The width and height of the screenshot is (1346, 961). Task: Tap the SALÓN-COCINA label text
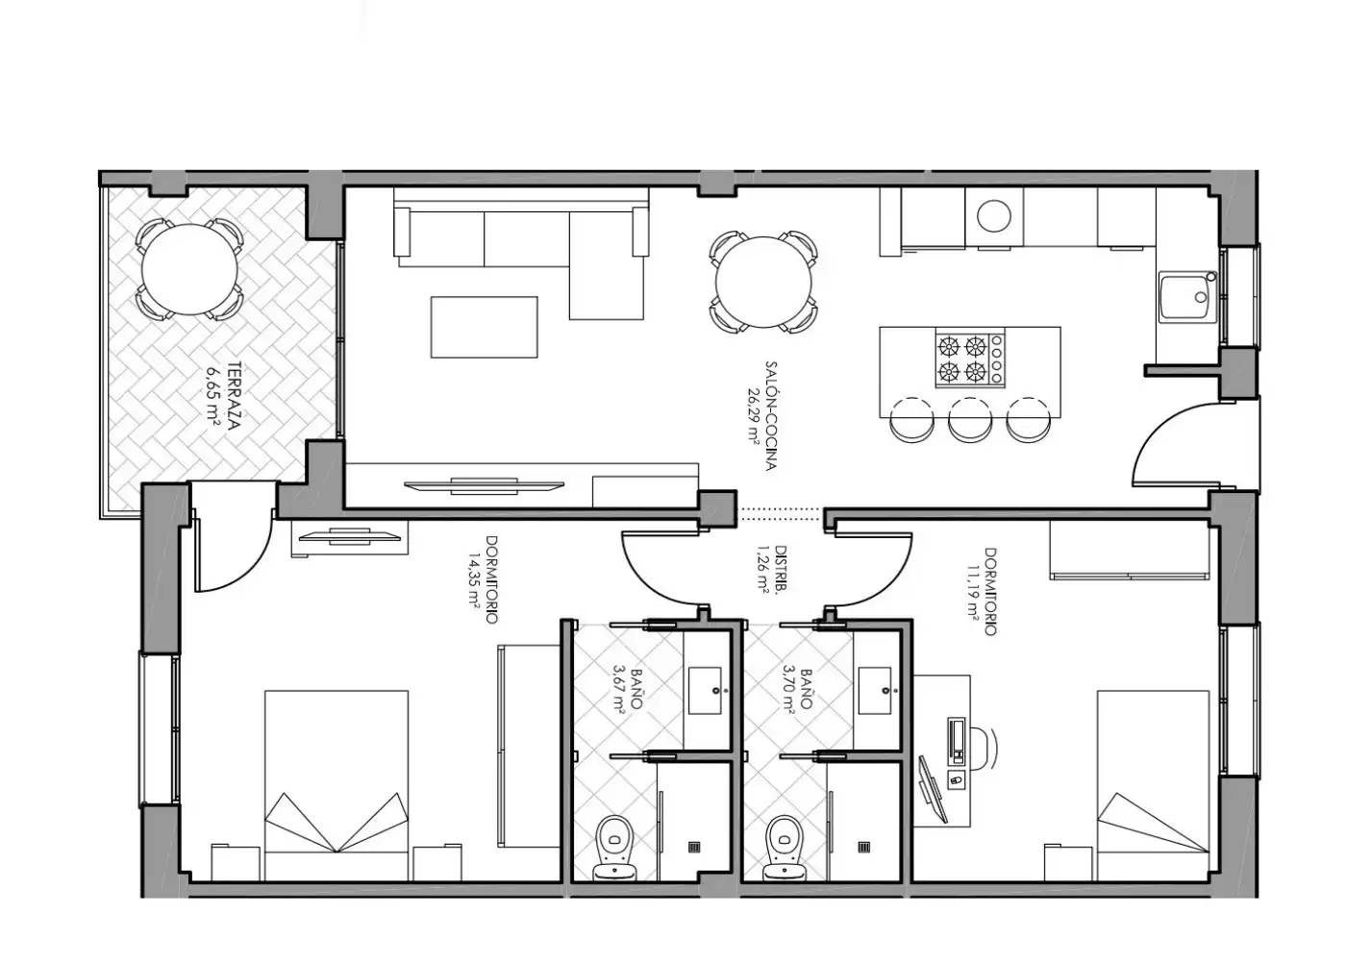tap(771, 415)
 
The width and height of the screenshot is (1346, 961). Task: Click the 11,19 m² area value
tap(973, 592)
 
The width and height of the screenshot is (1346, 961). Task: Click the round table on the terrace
tap(189, 270)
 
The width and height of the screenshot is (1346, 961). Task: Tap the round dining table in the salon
tap(763, 283)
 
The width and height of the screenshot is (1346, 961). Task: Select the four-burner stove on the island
tap(970, 359)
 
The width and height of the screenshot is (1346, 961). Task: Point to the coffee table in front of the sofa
tap(484, 327)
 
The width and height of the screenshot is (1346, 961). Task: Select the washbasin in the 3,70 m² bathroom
tap(874, 690)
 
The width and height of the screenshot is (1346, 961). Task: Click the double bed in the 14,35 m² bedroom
tap(336, 786)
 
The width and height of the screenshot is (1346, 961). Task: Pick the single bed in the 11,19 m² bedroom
tap(1153, 786)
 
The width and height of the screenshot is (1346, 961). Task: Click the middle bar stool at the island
tap(969, 420)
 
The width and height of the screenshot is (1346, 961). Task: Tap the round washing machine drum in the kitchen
tap(993, 215)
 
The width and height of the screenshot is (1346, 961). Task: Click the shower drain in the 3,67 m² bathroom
tap(694, 848)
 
